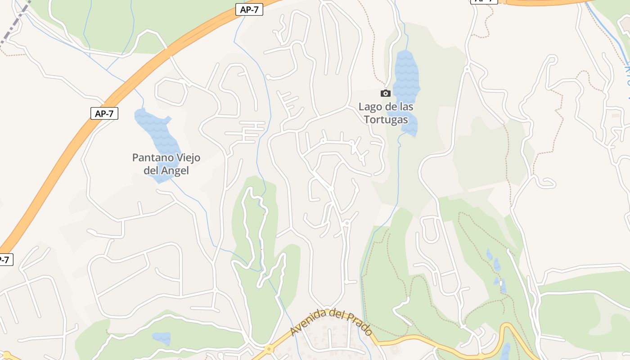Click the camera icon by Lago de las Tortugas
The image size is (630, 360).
coord(385,93)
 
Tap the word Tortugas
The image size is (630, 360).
coord(386,120)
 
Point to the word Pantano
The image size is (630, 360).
coord(152,158)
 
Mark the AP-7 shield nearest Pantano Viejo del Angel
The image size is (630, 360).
coord(104,113)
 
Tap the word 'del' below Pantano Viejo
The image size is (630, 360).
coord(151,171)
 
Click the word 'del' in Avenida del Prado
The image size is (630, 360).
coord(337,314)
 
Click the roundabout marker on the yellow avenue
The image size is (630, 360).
coord(269,349)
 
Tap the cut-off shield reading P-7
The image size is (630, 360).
coord(4,260)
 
